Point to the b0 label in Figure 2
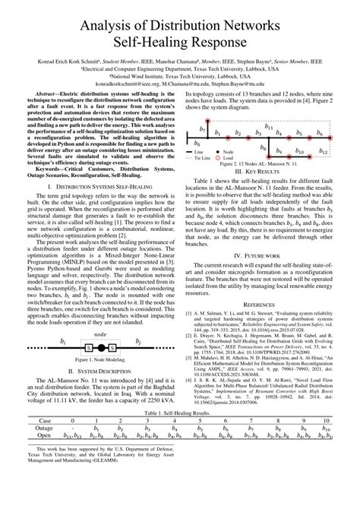coord(197,142)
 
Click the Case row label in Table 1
coord(24,441)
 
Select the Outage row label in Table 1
coord(24,449)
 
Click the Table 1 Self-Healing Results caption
coord(180,432)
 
